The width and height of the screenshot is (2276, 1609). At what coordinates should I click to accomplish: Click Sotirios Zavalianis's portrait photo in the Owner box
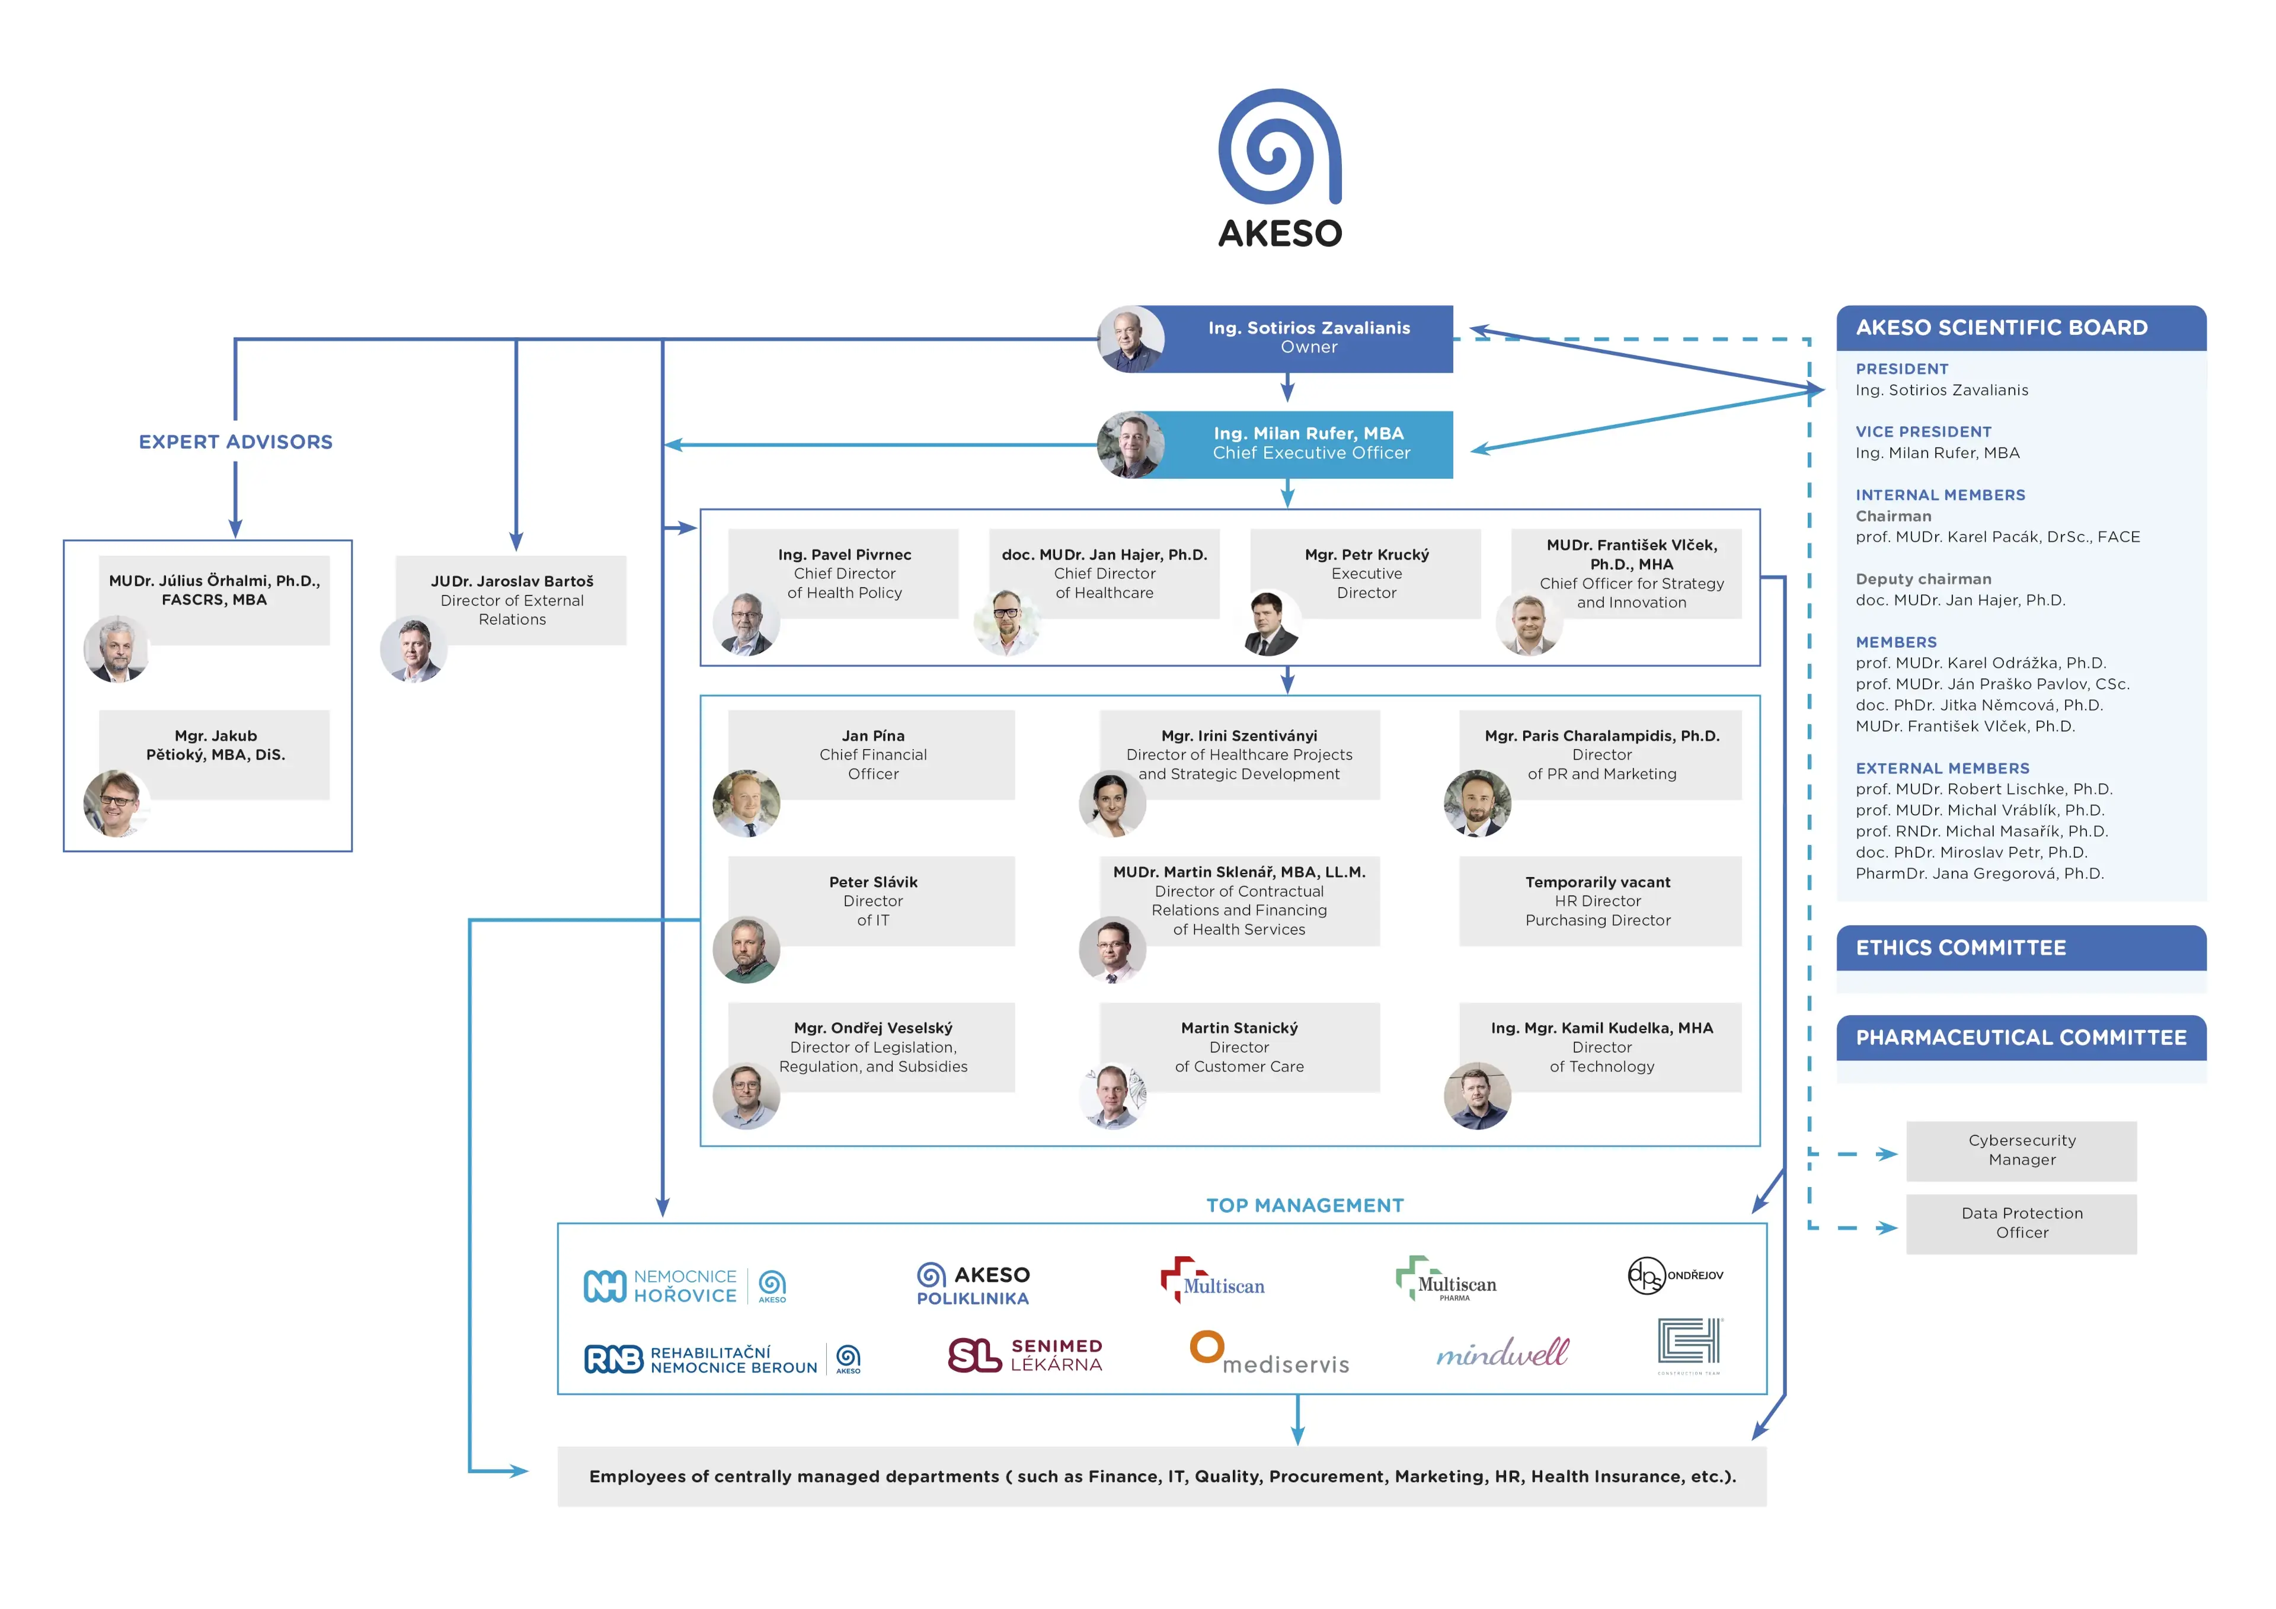click(1131, 339)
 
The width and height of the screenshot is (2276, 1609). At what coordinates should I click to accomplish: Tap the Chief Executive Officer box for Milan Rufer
click(1309, 443)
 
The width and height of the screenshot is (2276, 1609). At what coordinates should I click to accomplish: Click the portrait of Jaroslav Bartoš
click(413, 650)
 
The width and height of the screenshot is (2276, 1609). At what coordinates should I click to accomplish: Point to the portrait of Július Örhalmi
click(117, 650)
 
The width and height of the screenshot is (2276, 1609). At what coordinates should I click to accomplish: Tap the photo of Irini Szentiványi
click(1111, 803)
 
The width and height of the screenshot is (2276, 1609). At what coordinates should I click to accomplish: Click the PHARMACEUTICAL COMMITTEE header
click(2021, 1038)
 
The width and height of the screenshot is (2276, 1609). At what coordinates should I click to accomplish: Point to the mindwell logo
click(1502, 1353)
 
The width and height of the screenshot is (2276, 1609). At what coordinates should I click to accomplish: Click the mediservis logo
click(1269, 1354)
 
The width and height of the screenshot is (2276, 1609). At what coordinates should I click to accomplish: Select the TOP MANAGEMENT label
click(1305, 1205)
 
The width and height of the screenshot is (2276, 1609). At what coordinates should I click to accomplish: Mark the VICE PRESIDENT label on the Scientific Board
click(1923, 432)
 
